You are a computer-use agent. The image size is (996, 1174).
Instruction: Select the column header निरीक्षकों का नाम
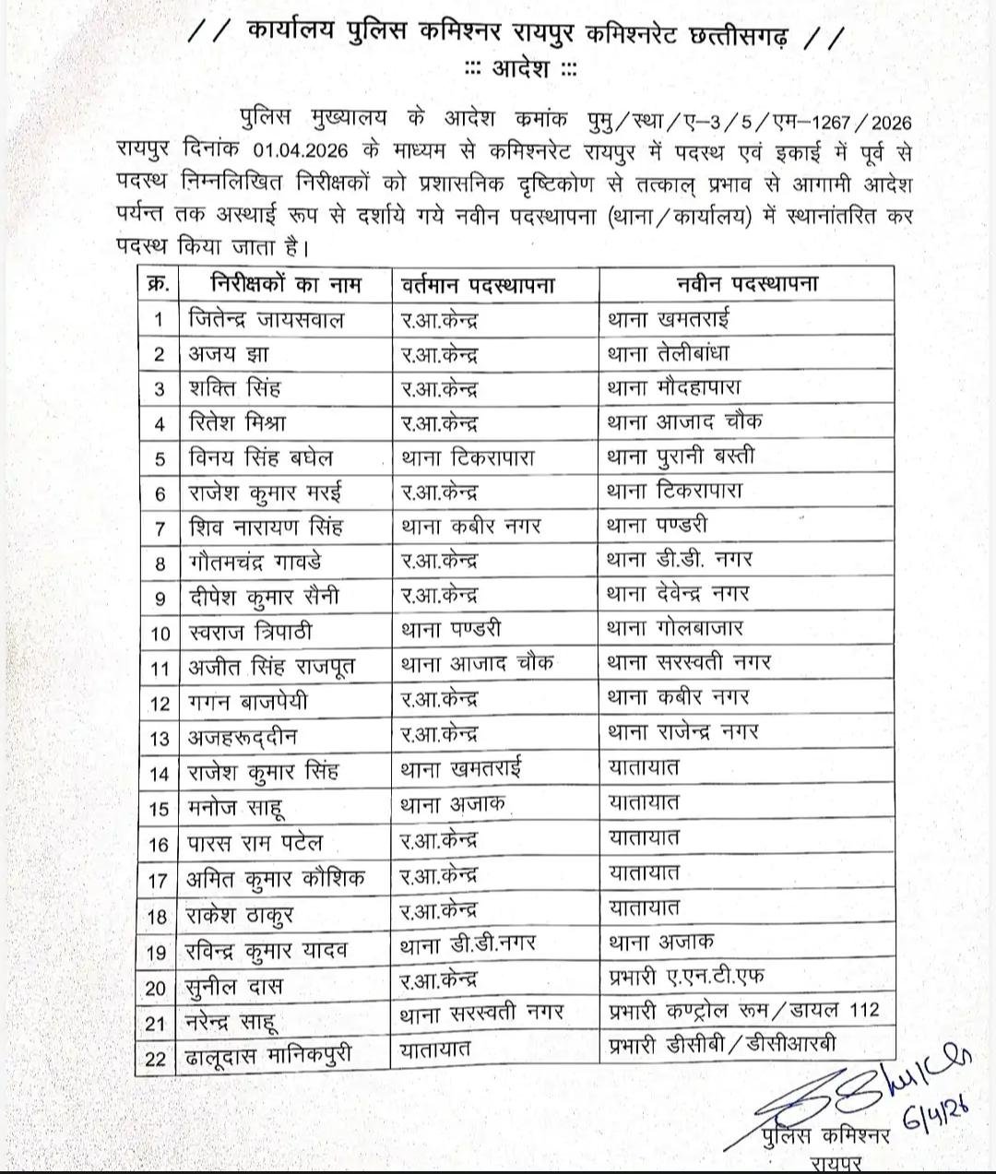click(x=286, y=283)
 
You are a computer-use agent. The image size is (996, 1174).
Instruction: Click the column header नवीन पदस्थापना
click(x=746, y=283)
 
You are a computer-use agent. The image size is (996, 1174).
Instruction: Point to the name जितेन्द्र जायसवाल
click(x=266, y=319)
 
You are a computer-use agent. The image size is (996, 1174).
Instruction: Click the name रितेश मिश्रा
click(x=237, y=423)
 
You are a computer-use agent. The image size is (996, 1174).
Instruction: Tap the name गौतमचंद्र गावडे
click(x=255, y=561)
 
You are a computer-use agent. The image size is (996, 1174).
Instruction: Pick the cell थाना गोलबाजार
click(x=675, y=629)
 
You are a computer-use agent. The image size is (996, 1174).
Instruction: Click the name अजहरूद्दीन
click(x=243, y=737)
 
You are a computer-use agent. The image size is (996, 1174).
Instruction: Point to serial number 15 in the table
click(x=159, y=809)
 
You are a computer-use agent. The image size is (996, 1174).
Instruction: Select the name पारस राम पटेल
click(x=255, y=844)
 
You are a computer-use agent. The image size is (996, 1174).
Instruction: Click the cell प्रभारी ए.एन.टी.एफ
click(x=686, y=976)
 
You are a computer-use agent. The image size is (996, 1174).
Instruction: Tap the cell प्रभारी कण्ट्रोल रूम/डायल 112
click(x=744, y=1010)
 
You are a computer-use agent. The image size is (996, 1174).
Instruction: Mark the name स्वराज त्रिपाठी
click(x=250, y=632)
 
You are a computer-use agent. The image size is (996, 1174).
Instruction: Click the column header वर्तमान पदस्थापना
click(x=478, y=283)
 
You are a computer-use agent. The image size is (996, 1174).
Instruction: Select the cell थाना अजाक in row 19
click(x=660, y=943)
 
